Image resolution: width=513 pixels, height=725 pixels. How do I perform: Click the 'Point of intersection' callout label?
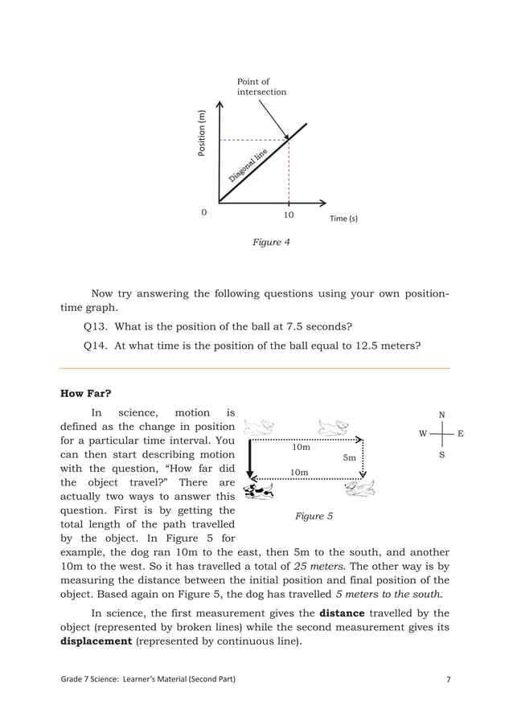click(x=261, y=87)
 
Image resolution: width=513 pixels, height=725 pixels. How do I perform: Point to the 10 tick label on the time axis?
click(x=289, y=215)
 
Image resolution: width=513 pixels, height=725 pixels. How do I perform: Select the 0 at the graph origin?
click(x=203, y=214)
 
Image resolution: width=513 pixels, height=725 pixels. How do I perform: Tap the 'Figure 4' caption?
click(x=271, y=242)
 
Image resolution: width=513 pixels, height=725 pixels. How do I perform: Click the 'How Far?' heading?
click(x=86, y=393)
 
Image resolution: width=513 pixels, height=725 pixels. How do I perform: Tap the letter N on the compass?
click(x=441, y=415)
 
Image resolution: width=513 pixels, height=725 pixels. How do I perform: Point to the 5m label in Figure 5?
click(x=350, y=457)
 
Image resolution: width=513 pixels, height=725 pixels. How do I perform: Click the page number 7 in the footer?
click(x=448, y=681)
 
